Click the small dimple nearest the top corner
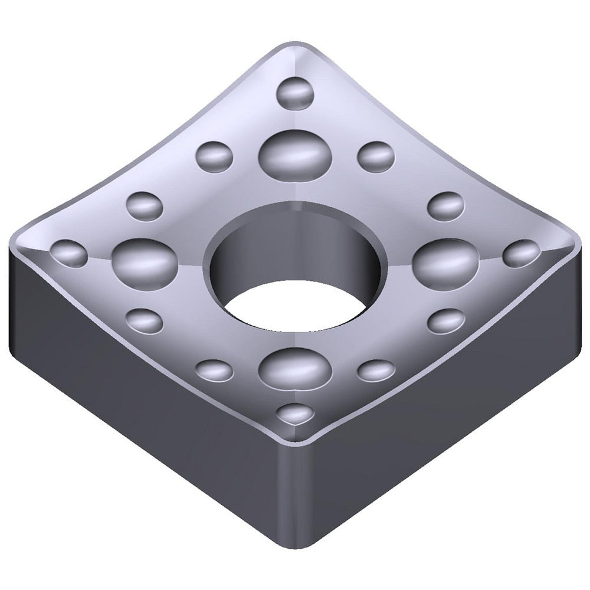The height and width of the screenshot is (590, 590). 295,92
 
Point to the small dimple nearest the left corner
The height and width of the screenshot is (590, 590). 69,253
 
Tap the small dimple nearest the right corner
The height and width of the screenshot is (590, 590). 522,253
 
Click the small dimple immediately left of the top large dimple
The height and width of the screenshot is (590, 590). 214,155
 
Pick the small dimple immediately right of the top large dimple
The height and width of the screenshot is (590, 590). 376,155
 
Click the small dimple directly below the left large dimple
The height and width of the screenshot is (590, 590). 145,320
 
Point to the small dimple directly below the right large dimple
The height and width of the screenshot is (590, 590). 446,320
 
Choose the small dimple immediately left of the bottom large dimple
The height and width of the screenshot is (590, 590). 214,370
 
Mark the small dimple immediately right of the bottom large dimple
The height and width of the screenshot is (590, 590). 376,370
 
